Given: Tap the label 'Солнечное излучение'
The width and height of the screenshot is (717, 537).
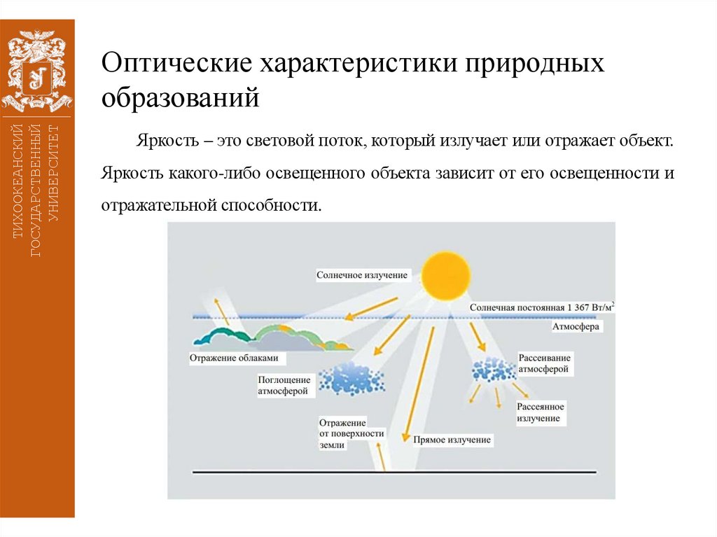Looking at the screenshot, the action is tap(361, 275).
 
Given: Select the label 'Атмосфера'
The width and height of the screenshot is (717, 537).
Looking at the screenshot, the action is tap(576, 326).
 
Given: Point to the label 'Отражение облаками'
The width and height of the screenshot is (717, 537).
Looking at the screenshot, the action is tap(234, 358).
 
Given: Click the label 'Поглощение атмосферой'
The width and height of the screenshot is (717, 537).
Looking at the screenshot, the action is tap(283, 385).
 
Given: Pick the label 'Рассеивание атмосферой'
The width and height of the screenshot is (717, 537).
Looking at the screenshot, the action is tap(543, 363).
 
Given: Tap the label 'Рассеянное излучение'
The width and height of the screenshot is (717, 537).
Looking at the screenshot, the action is tap(540, 412).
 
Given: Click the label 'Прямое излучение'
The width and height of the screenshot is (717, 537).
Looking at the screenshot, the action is tap(452, 440).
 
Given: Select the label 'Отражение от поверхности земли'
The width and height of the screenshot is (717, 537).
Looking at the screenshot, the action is tap(351, 434).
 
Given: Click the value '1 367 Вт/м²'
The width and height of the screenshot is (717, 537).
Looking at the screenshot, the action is tap(585, 307).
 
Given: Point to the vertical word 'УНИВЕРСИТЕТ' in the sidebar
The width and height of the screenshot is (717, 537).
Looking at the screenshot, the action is tap(55, 172).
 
